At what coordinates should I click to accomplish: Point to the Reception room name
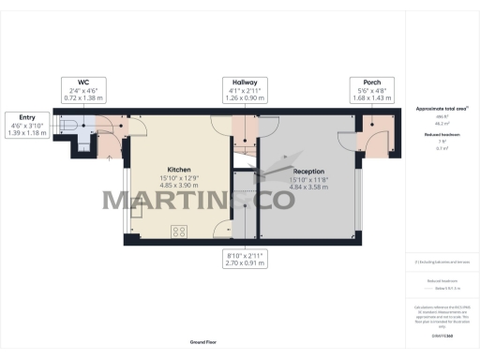tap(309, 172)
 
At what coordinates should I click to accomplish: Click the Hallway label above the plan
tap(245, 82)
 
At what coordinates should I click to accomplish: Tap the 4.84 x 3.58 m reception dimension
tap(309, 187)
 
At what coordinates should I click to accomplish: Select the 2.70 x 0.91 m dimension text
tap(245, 260)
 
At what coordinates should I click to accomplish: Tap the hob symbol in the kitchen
tap(178, 231)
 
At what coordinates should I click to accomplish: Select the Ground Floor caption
tap(203, 344)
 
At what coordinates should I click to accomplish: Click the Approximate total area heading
tap(442, 110)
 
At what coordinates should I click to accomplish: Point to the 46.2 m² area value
tap(442, 123)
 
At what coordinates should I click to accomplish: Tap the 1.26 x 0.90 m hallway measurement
tap(245, 97)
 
